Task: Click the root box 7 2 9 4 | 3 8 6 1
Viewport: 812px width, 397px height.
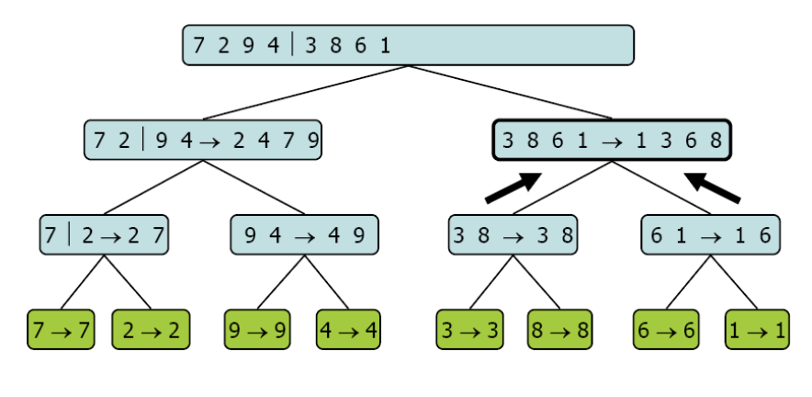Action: pyautogui.click(x=408, y=45)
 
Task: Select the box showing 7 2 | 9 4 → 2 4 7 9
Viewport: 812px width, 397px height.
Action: pyautogui.click(x=203, y=140)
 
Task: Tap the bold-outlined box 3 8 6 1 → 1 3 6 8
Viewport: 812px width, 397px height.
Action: pyautogui.click(x=612, y=140)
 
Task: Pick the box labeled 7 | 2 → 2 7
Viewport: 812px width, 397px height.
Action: pyautogui.click(x=104, y=234)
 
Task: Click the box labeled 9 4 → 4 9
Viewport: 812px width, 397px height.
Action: pyautogui.click(x=305, y=234)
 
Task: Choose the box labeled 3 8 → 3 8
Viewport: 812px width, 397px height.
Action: pyautogui.click(x=513, y=234)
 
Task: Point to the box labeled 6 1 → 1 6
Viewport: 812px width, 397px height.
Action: pyautogui.click(x=711, y=234)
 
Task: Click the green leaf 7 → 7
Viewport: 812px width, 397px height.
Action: pyautogui.click(x=62, y=330)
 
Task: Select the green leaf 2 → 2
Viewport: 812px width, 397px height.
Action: pyautogui.click(x=152, y=330)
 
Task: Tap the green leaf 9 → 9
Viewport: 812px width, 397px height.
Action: pyautogui.click(x=257, y=330)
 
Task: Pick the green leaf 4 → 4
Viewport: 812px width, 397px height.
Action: pyautogui.click(x=348, y=330)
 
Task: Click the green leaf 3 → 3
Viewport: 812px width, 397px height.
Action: pyautogui.click(x=469, y=330)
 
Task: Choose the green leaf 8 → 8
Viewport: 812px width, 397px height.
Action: pyautogui.click(x=559, y=330)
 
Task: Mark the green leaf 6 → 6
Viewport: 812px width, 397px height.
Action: pyautogui.click(x=666, y=330)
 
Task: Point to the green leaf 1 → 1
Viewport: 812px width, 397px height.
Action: pyautogui.click(x=757, y=330)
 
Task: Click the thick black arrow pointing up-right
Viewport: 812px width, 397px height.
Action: pyautogui.click(x=513, y=187)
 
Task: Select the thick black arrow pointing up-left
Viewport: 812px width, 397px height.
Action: pyautogui.click(x=713, y=187)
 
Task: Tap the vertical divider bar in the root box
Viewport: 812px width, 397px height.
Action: pyautogui.click(x=293, y=44)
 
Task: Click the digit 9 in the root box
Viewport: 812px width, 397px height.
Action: pyautogui.click(x=249, y=46)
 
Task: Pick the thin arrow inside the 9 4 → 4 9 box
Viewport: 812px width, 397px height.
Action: pyautogui.click(x=305, y=237)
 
